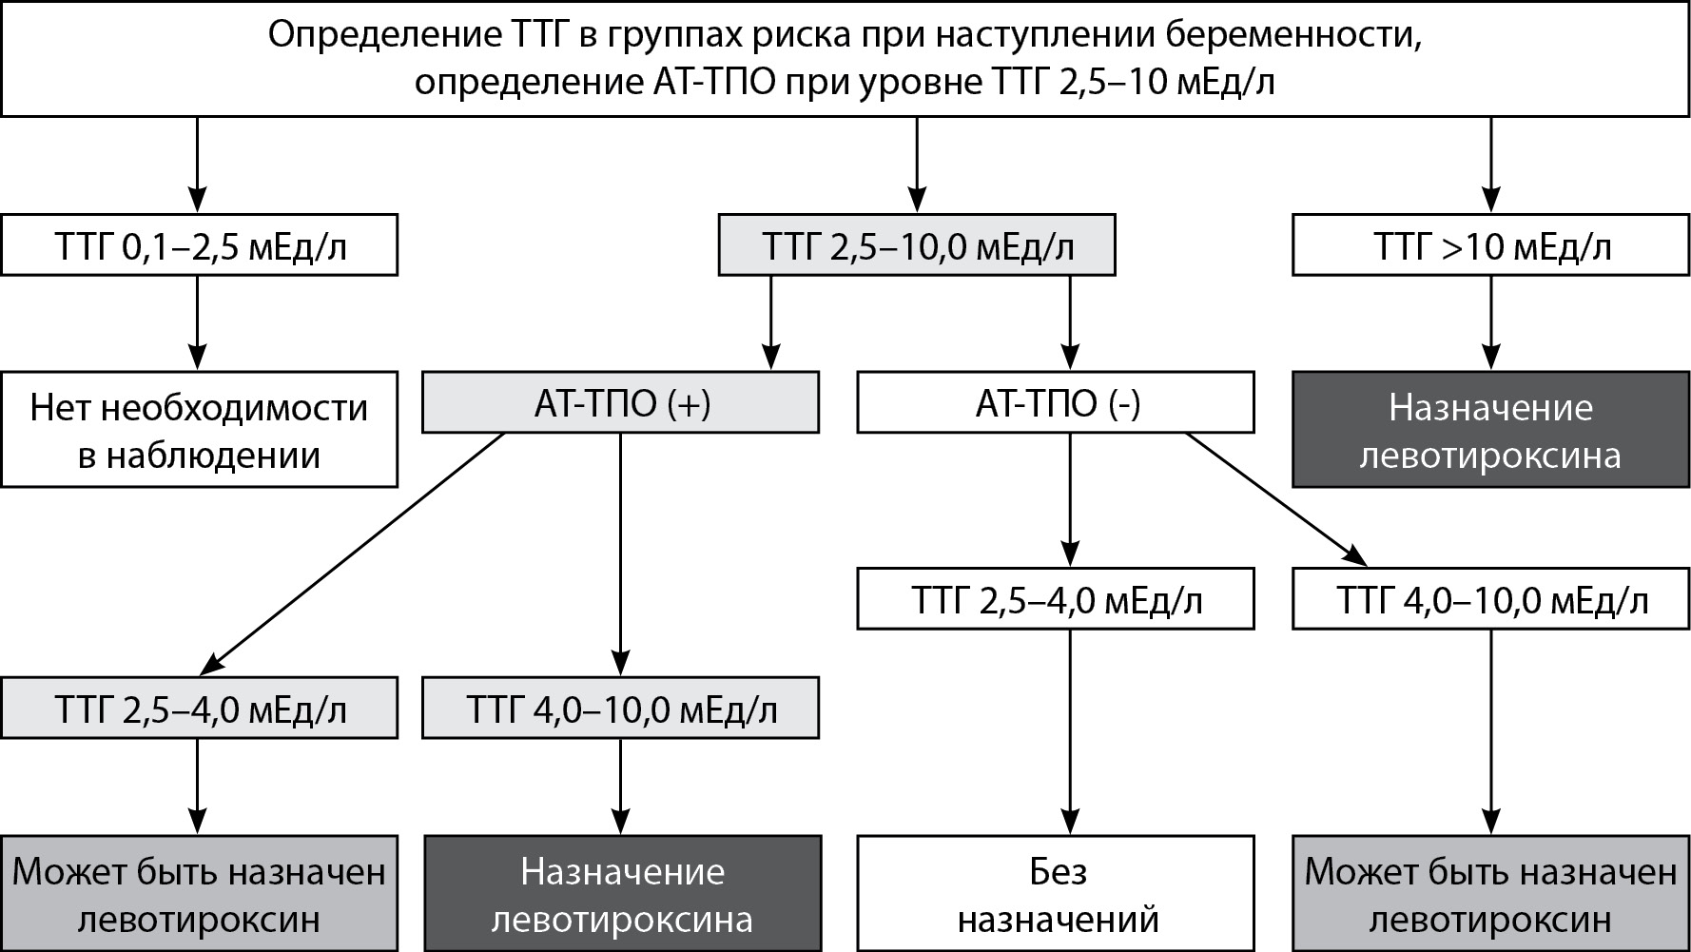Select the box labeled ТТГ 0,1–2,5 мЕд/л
coord(199,246)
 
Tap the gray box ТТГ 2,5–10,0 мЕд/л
coord(916,246)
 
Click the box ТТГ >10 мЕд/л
coord(1490,246)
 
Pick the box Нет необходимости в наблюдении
coord(199,430)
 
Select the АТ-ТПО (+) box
coord(620,403)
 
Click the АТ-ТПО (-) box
coord(1056,403)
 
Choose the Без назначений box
coord(1056,894)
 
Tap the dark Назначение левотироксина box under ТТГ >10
coord(1490,430)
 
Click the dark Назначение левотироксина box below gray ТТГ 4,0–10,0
coord(621,894)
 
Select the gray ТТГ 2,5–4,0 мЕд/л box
coord(199,709)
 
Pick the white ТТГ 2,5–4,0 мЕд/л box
coord(1056,600)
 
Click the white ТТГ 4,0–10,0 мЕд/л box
coord(1490,600)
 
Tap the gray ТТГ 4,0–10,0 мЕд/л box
coord(620,709)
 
